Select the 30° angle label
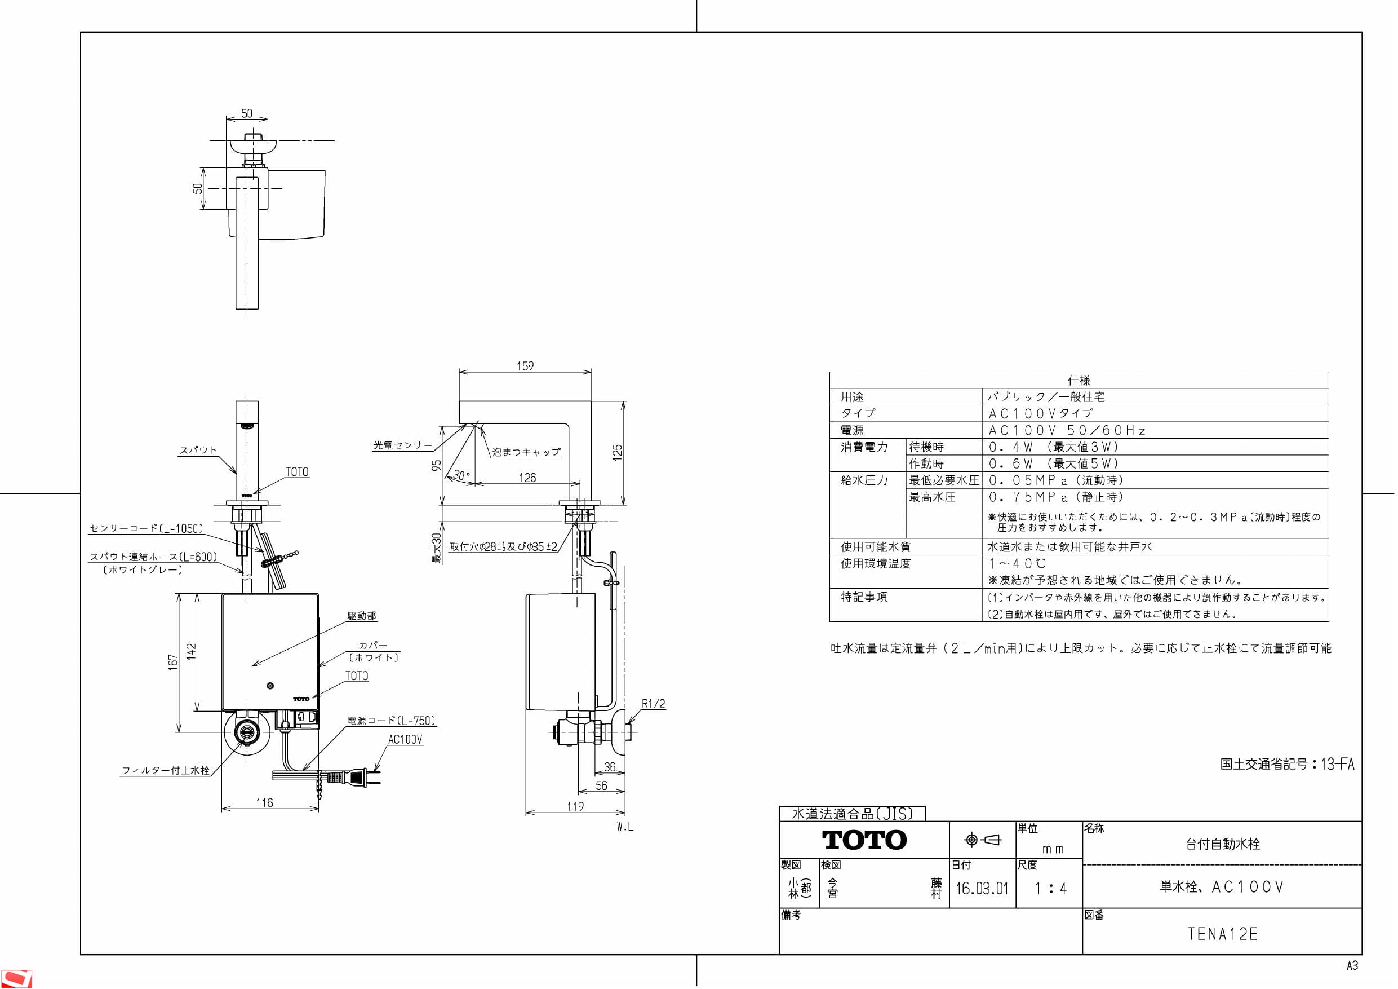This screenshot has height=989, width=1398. click(x=461, y=475)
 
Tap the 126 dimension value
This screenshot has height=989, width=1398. click(x=527, y=478)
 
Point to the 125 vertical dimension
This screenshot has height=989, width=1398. click(x=618, y=452)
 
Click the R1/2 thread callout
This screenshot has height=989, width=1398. click(x=653, y=704)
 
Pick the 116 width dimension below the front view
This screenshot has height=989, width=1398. click(x=264, y=803)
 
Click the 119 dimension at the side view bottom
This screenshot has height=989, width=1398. click(x=575, y=807)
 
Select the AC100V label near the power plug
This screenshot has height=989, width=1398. click(x=405, y=740)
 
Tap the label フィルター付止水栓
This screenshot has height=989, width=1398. click(x=166, y=770)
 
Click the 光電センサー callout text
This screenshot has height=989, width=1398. click(x=402, y=445)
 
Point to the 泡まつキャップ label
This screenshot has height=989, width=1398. click(x=526, y=452)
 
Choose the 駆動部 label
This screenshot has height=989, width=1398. click(x=362, y=616)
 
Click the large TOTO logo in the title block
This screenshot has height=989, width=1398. click(x=864, y=840)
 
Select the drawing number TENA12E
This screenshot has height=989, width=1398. click(x=1222, y=934)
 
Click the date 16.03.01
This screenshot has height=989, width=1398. click(x=982, y=889)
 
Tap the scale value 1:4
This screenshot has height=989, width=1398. click(x=1050, y=889)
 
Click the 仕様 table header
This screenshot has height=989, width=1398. click(x=1079, y=380)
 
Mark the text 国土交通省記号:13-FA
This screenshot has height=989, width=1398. click(x=1287, y=764)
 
